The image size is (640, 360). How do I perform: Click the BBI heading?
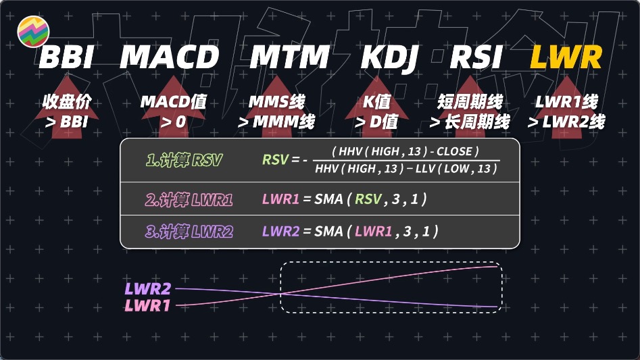pos(66,58)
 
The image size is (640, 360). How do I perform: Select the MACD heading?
pos(170,58)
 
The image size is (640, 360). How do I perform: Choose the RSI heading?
pos(477,58)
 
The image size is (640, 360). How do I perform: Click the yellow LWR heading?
pos(566,58)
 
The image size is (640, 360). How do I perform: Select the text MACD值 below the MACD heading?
pos(173,103)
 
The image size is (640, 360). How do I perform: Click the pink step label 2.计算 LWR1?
pos(190,199)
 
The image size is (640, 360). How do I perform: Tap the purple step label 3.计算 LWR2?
pos(190,231)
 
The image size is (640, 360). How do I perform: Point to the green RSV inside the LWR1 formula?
pos(369,199)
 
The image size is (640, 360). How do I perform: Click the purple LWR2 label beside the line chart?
pos(147,289)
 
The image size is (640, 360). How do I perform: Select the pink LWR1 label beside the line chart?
pos(147,305)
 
